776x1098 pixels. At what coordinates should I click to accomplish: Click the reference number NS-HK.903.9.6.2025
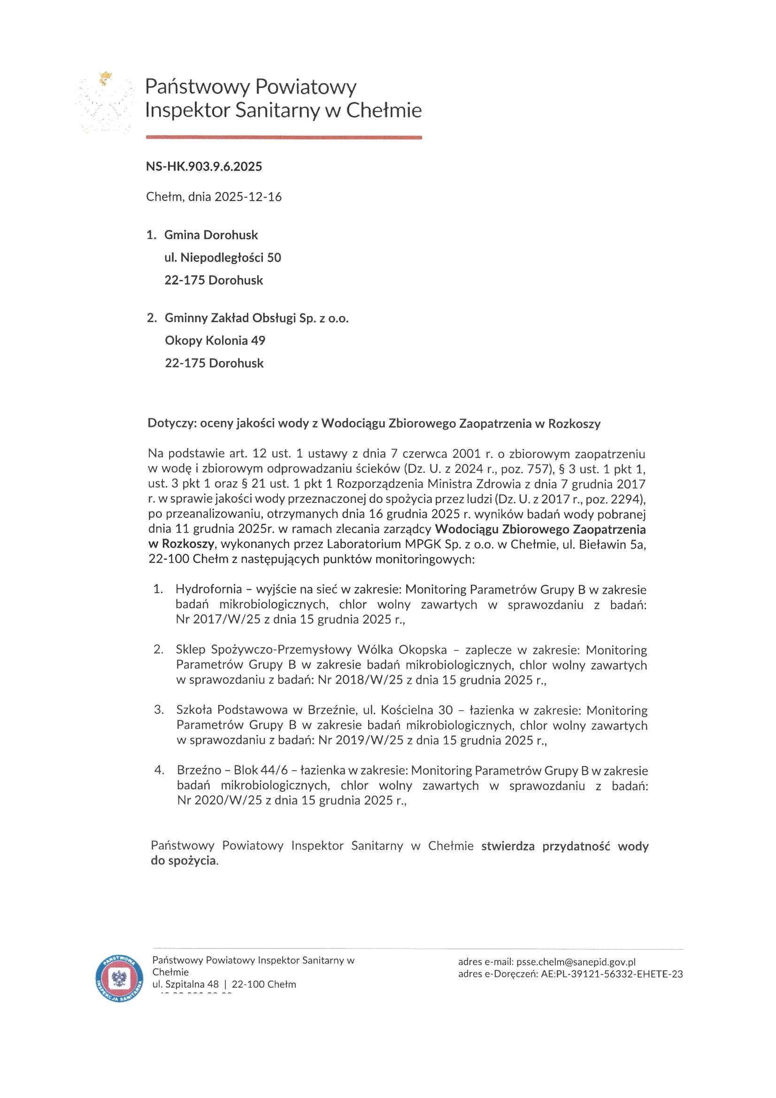[x=204, y=166]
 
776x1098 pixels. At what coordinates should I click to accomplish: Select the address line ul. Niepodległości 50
[x=223, y=258]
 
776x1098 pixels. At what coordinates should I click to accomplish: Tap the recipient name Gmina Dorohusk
[x=211, y=235]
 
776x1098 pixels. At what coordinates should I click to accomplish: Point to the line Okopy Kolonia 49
[x=215, y=340]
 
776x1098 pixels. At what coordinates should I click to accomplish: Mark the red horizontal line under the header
[x=284, y=137]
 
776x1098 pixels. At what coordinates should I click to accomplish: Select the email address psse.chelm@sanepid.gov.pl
[x=576, y=962]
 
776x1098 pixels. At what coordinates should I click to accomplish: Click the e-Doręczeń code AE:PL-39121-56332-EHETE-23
[x=612, y=974]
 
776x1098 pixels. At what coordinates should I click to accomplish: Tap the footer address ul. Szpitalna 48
[x=185, y=984]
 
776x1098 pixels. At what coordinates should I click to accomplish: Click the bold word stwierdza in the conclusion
[x=508, y=846]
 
